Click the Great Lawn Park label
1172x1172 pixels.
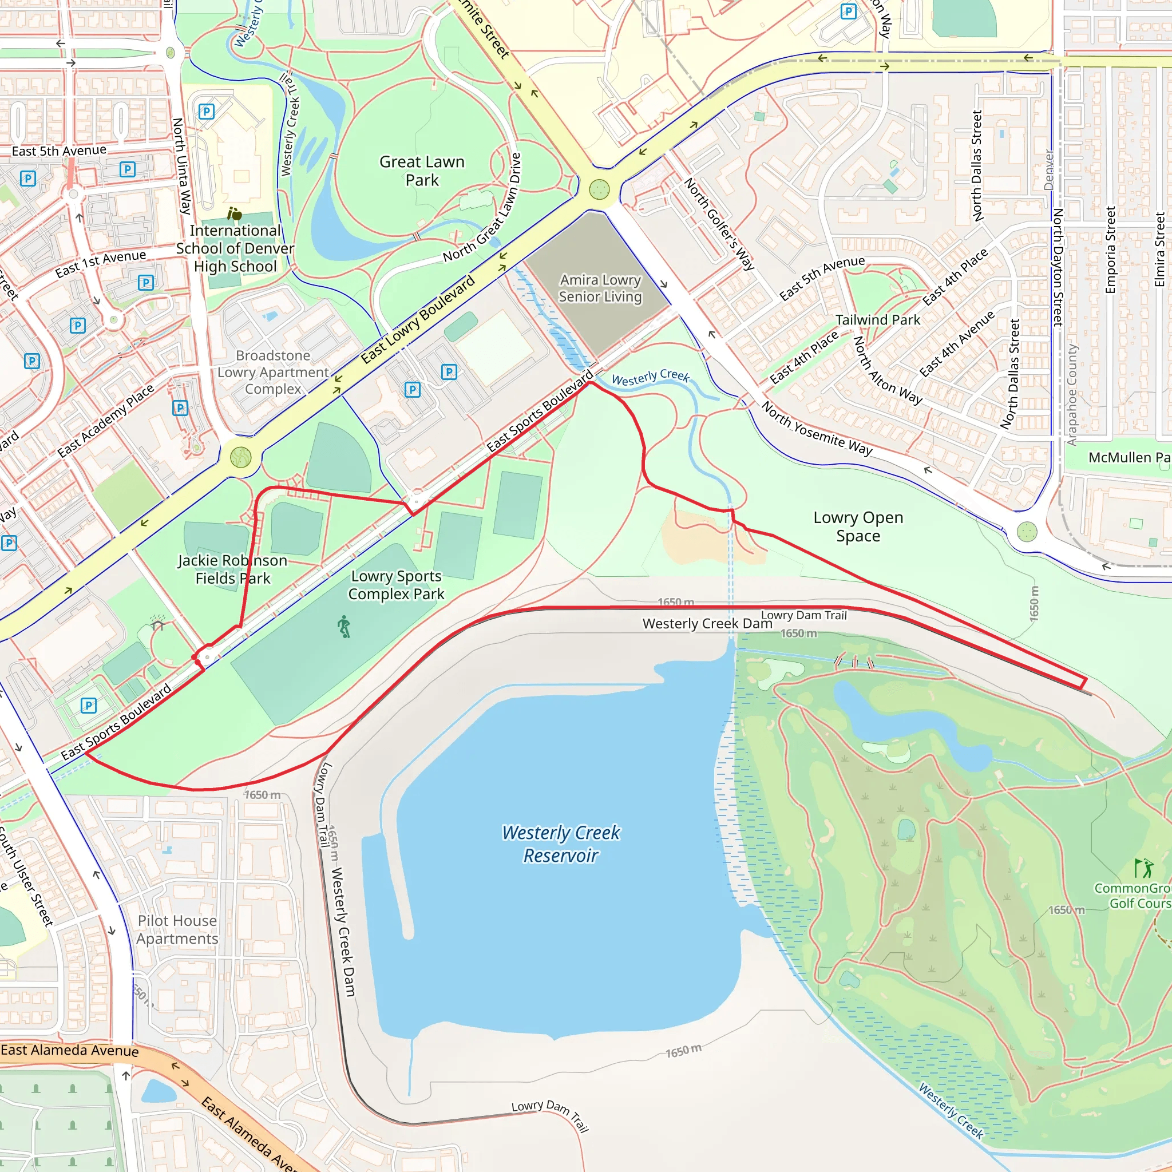(x=422, y=171)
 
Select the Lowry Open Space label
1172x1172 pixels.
(x=858, y=526)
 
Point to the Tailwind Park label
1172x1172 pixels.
(x=877, y=320)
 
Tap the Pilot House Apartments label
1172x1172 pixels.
(x=177, y=929)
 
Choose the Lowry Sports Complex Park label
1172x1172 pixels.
(x=396, y=585)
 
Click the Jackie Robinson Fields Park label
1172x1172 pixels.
(x=232, y=569)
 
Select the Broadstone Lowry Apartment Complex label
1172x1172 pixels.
(x=273, y=372)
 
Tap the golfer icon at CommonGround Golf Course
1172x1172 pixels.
(x=1143, y=868)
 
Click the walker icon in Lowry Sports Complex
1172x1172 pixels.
(x=344, y=627)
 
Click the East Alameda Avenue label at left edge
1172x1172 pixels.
(x=69, y=1050)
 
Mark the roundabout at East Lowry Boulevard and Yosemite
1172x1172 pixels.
(x=599, y=190)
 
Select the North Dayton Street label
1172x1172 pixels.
(x=1058, y=267)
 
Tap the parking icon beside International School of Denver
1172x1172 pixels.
(x=206, y=112)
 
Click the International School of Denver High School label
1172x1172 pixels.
(x=235, y=248)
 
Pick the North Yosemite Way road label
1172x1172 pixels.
(x=816, y=428)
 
